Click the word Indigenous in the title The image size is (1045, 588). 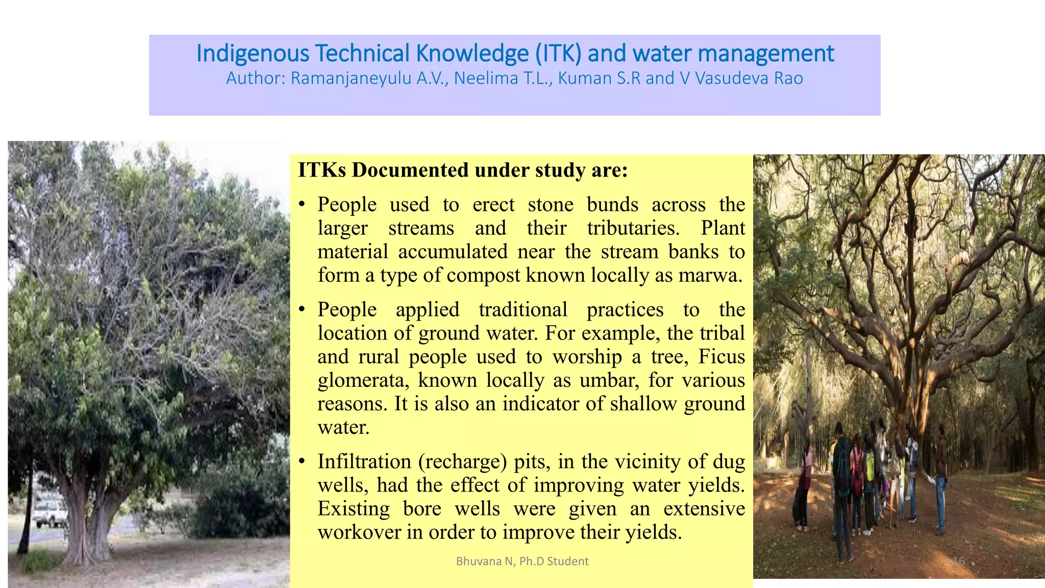pos(253,54)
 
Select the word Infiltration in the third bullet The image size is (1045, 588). pos(364,461)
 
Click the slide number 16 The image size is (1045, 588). pos(959,561)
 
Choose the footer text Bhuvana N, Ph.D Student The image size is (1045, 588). pos(522,561)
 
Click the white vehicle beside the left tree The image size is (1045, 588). pos(50,512)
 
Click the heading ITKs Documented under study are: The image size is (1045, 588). pos(462,170)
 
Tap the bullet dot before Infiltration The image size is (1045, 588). pos(302,461)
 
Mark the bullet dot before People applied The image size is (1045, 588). pos(302,309)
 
